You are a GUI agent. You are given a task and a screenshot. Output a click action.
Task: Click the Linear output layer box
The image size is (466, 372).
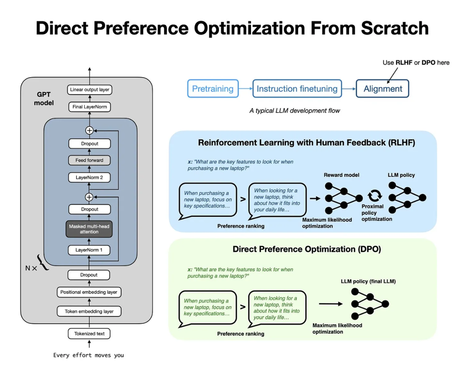click(x=89, y=89)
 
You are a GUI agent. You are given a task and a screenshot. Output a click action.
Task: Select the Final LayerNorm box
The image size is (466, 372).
click(x=89, y=107)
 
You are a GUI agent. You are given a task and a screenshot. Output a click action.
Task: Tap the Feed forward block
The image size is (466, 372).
click(x=89, y=160)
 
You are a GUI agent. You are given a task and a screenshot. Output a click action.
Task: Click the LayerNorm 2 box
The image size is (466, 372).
click(x=89, y=177)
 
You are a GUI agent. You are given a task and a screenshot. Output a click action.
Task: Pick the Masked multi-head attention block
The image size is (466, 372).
click(x=89, y=229)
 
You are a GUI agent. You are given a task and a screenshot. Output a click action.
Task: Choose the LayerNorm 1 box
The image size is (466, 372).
click(x=89, y=250)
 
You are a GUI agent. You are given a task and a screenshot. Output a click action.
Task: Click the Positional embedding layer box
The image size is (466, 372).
click(x=89, y=292)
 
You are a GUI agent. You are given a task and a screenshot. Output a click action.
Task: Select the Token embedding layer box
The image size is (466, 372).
click(x=89, y=312)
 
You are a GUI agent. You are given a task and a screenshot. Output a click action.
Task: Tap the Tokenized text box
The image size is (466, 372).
click(x=89, y=334)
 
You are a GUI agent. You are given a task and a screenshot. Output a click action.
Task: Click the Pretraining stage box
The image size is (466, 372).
click(x=213, y=88)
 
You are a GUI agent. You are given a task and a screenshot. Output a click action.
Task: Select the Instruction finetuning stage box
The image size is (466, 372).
click(x=297, y=88)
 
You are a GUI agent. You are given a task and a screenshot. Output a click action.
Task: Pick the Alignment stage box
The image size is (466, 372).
click(x=382, y=88)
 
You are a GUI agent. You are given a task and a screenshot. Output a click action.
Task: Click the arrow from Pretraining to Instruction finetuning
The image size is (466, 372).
click(x=246, y=88)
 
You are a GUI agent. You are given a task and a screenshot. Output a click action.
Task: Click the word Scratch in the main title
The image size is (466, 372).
click(x=395, y=28)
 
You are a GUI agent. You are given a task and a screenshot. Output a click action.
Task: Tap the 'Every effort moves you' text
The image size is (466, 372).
click(x=89, y=355)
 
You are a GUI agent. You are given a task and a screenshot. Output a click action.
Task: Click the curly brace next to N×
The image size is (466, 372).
click(x=43, y=262)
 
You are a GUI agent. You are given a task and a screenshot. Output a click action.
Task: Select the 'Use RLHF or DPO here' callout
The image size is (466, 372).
click(x=416, y=62)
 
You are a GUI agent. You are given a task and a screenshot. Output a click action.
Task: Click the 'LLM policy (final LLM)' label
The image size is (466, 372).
click(x=368, y=281)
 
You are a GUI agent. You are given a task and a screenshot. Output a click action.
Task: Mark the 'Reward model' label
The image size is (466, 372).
click(x=341, y=175)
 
